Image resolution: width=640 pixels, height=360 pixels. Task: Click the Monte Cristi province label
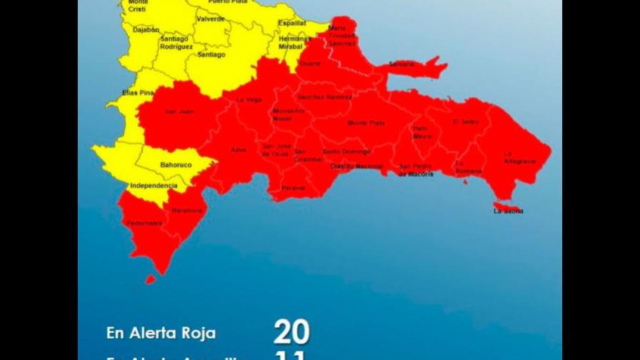point(138,6)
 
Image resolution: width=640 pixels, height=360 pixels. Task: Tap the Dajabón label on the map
point(146,30)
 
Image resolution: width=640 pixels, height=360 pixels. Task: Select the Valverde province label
point(210,19)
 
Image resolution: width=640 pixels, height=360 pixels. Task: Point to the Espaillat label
point(291,23)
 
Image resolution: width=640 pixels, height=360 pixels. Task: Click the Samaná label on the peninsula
point(401,64)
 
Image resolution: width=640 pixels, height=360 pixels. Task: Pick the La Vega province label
point(249,99)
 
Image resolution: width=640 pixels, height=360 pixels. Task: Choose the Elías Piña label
point(138,93)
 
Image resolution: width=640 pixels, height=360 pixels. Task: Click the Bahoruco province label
point(176,165)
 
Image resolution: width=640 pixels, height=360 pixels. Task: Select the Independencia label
point(154,186)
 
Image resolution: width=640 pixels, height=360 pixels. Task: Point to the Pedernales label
point(144,223)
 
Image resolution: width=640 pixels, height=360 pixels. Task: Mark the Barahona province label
point(187,211)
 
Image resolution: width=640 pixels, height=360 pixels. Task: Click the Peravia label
point(293,188)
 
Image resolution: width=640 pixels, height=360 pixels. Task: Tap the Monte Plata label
point(366,123)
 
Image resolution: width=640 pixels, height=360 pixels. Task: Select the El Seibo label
point(466,122)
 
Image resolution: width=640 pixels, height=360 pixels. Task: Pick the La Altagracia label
point(519,157)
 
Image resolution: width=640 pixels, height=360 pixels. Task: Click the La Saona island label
point(508,211)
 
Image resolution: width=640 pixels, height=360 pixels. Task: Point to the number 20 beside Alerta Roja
point(291,332)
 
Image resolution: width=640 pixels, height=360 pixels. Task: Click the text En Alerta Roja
point(161,334)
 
